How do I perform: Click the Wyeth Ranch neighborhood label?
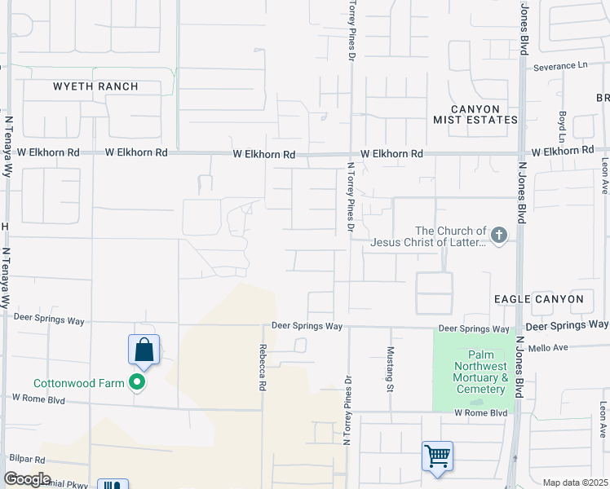point(95,86)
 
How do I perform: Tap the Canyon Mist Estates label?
point(486,114)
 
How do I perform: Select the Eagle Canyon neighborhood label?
point(538,299)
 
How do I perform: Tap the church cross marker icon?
point(499,236)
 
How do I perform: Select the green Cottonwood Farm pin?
point(138,381)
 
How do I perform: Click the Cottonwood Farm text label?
point(78,383)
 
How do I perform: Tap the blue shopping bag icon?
point(144,350)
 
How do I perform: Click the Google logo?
point(27,479)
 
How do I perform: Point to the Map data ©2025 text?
point(575,482)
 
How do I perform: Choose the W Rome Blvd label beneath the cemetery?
point(480,413)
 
